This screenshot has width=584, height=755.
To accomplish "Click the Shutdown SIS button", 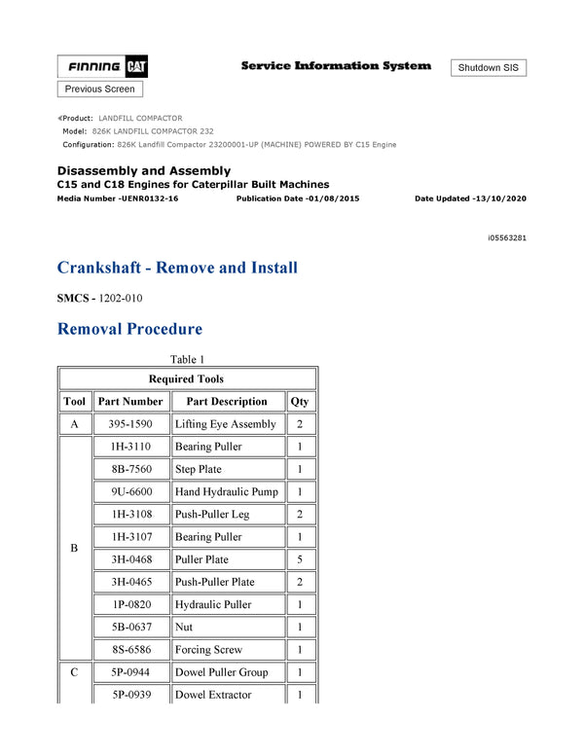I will tap(489, 68).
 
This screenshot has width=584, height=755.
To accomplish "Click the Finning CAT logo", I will tap(102, 67).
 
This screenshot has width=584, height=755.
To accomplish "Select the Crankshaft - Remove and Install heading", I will tap(177, 268).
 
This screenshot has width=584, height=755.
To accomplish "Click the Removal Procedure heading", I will tap(129, 329).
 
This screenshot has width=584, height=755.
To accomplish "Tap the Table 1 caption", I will tap(187, 359).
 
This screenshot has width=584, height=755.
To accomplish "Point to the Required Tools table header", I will tap(186, 379).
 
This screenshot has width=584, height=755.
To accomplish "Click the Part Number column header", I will tap(130, 402).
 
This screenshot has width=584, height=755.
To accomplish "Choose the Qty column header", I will tap(300, 402).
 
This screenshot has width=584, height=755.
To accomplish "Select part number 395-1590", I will tap(130, 424).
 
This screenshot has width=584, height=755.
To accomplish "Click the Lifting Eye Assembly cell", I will tap(225, 424).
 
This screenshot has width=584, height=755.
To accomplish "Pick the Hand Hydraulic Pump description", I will tap(226, 492).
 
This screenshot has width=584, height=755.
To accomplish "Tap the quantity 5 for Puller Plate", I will tap(300, 559).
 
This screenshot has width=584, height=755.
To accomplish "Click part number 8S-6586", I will tap(130, 650).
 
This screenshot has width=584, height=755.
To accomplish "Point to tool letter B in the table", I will tap(74, 549).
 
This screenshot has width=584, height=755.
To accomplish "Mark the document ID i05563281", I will tap(507, 237).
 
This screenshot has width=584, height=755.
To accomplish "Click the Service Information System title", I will tap(336, 66).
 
